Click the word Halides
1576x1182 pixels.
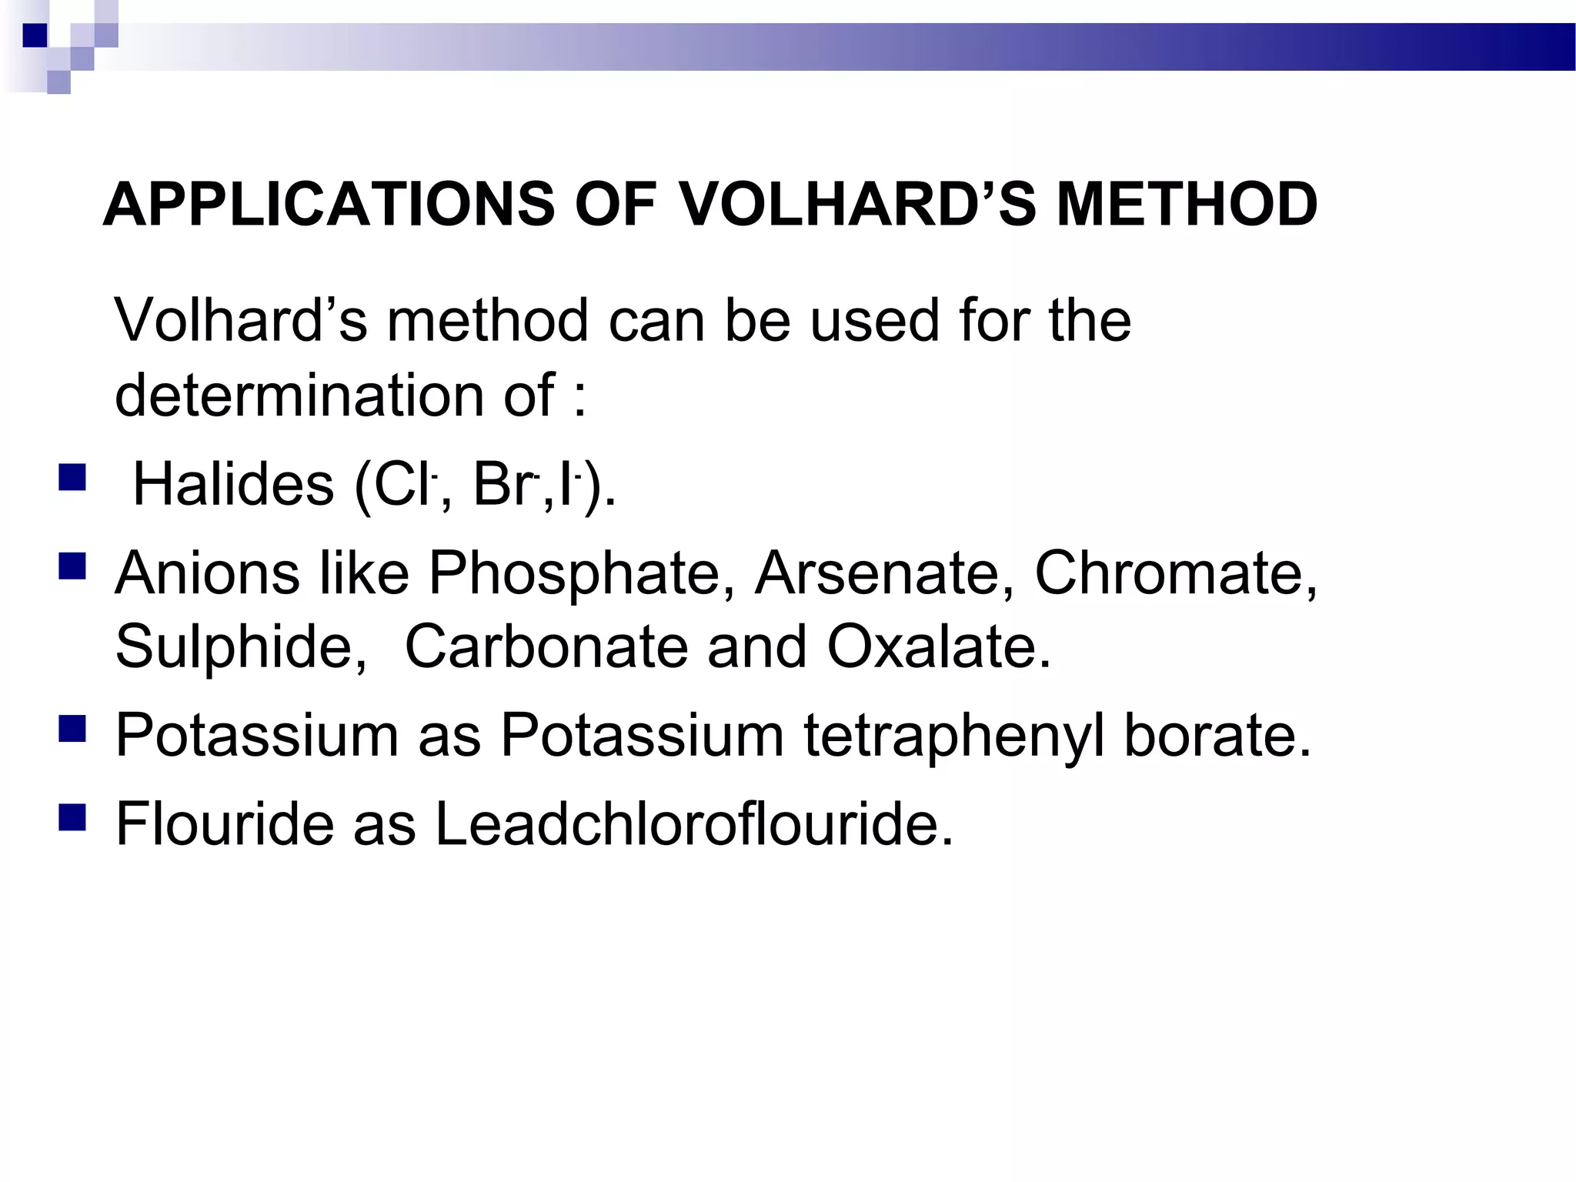[233, 485]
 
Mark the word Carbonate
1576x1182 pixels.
[546, 646]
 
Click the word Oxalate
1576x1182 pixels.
[938, 646]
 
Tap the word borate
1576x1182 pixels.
[1217, 736]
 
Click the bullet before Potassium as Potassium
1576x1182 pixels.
[72, 729]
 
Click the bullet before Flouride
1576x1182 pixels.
[72, 817]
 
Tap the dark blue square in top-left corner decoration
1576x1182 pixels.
[35, 35]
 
